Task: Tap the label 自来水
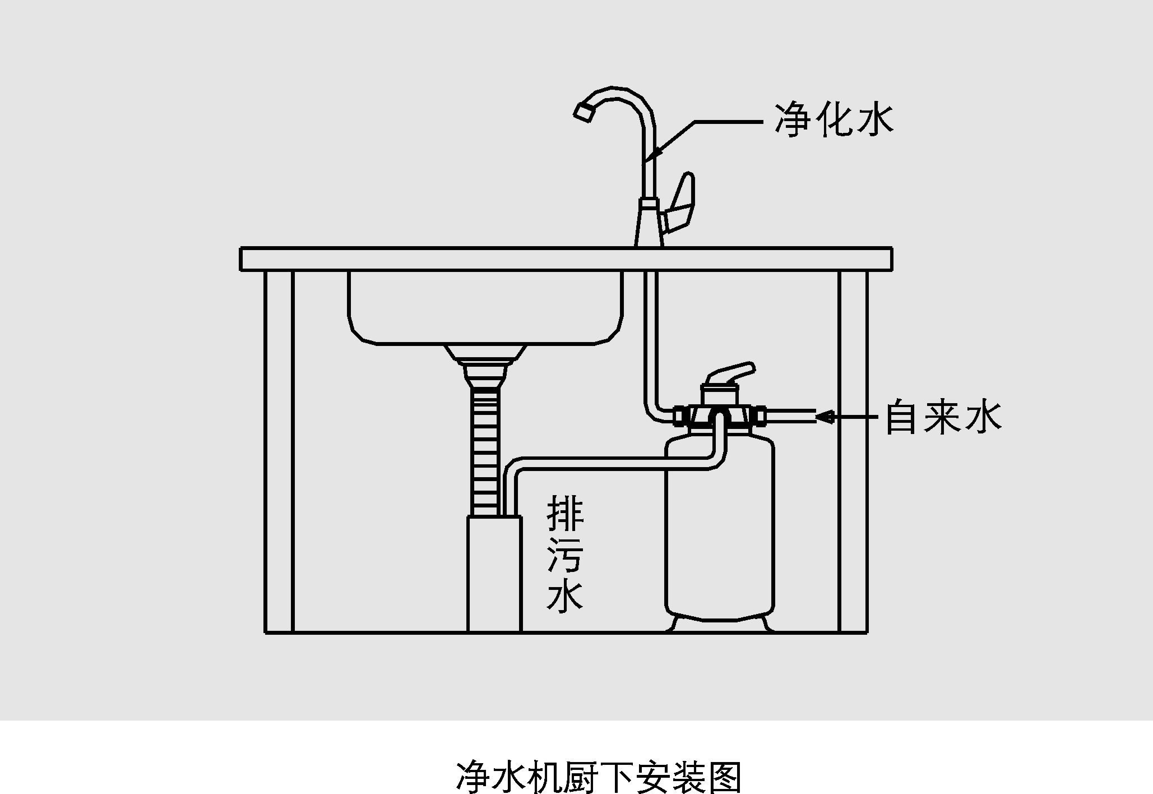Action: pos(943,417)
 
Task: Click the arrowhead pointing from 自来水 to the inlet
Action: pos(825,417)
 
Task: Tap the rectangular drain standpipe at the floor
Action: pos(494,575)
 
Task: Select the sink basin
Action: pos(485,308)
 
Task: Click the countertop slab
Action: pos(566,259)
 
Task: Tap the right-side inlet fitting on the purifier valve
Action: pos(761,417)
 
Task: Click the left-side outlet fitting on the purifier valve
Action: pos(680,417)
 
